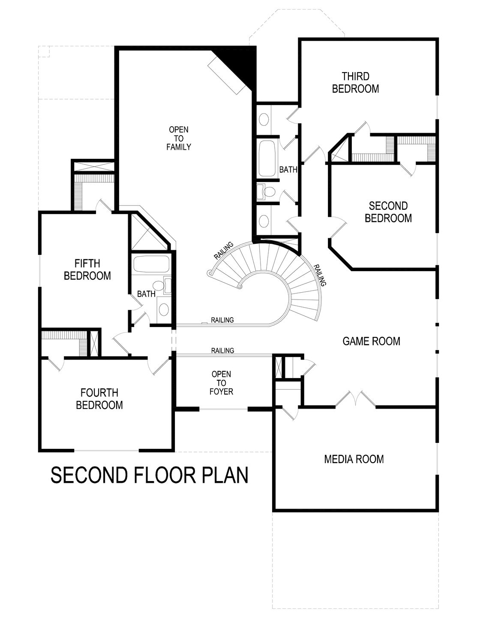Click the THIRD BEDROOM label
click(355, 82)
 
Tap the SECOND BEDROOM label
click(388, 212)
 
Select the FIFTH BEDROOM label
click(87, 270)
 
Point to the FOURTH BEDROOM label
click(99, 399)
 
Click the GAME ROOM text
click(371, 341)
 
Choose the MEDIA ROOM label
click(354, 459)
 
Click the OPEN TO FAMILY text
click(178, 138)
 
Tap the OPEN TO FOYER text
click(221, 383)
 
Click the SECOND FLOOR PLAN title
click(150, 475)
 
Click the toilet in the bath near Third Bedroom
click(266, 191)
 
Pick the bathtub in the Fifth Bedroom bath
click(150, 264)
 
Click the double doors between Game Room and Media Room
click(355, 399)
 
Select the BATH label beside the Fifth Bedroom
click(146, 294)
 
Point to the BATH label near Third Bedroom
click(288, 170)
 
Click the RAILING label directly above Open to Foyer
click(222, 351)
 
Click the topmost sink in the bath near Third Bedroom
click(264, 119)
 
